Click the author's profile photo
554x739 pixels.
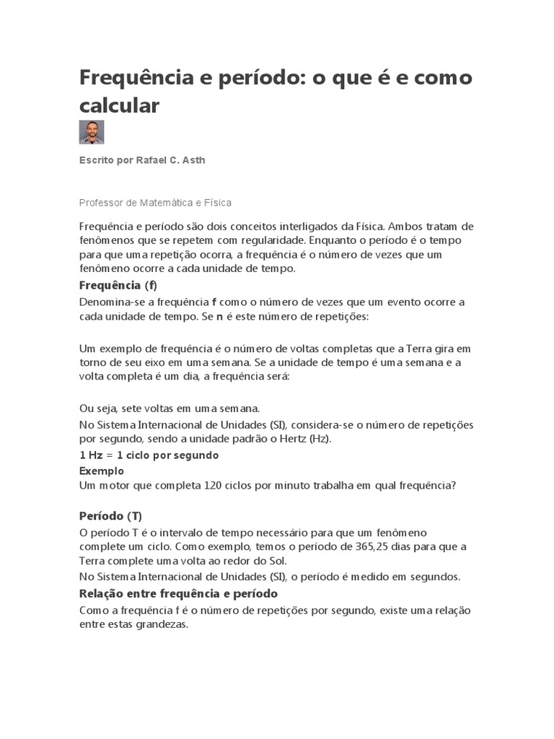tap(92, 132)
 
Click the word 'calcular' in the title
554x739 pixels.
tap(118, 105)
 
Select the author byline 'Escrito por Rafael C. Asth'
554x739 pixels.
tap(142, 160)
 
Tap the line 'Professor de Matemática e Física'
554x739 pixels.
tap(155, 204)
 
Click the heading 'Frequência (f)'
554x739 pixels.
tap(118, 284)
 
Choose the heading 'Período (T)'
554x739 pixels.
tap(110, 516)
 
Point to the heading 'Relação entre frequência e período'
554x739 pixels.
tap(178, 593)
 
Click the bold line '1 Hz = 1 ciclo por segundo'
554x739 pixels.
tap(149, 456)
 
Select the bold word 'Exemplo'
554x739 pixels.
tap(101, 471)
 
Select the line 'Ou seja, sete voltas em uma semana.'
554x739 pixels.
tap(170, 408)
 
